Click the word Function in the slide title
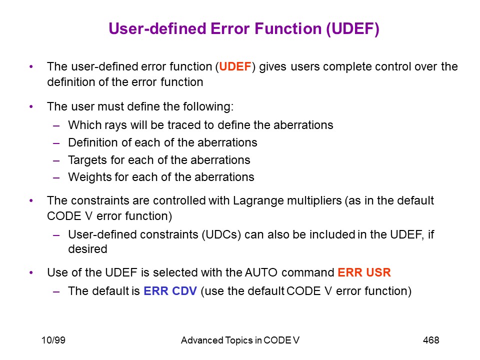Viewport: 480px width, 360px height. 288,28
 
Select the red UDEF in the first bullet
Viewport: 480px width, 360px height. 235,66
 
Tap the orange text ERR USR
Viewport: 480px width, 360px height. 364,272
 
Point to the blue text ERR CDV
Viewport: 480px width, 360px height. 170,291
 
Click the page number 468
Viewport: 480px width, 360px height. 431,340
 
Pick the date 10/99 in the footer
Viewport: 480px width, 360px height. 53,340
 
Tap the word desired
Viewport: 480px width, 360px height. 87,249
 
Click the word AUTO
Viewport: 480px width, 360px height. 261,272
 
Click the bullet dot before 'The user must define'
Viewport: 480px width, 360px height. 31,106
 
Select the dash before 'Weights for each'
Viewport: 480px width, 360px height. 56,177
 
